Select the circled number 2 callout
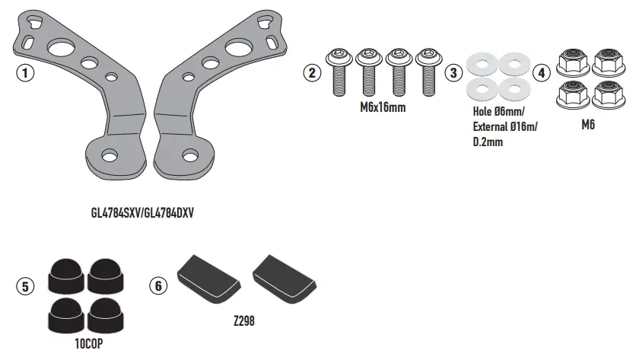(310, 73)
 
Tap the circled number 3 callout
(454, 73)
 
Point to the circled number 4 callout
(540, 73)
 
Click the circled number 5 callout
(25, 287)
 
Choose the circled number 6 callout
(157, 287)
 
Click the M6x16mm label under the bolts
(383, 108)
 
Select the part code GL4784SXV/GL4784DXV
(142, 214)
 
